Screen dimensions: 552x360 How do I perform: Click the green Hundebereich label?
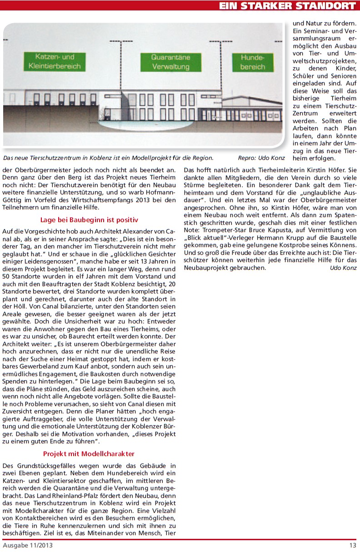coord(252,62)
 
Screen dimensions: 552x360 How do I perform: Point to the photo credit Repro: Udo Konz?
coord(261,158)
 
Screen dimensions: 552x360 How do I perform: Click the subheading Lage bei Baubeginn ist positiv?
coord(89,220)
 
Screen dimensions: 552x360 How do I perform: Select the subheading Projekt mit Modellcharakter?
coord(89,453)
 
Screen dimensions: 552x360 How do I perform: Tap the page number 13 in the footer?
coord(353,545)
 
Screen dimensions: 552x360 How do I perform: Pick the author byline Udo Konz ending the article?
coord(343,268)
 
